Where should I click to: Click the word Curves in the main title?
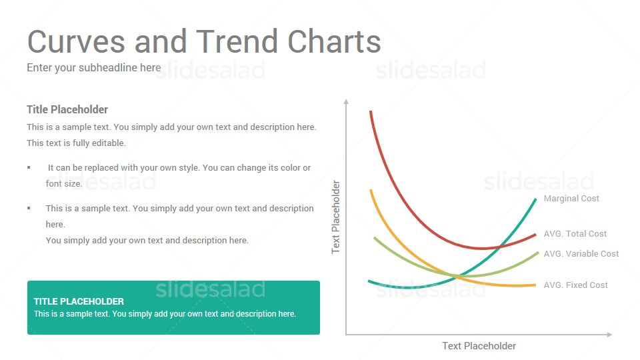76,41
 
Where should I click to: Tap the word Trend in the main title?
239,41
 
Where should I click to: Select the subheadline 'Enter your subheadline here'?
94,68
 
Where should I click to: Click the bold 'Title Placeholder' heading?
67,109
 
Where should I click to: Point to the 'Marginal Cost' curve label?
571,199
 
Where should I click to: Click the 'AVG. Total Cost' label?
575,234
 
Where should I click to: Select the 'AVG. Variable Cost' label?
581,254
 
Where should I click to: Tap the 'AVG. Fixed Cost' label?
575,285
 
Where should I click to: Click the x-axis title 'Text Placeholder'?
479,346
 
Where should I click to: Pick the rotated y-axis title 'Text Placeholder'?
335,217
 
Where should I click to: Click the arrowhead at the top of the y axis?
346,101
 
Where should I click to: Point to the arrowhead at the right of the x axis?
610,334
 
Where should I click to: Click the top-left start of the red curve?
371,111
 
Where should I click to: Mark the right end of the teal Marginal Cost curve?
535,199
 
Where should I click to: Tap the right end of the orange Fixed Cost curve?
535,285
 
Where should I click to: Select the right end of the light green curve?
538,253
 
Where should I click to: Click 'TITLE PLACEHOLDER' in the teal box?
79,301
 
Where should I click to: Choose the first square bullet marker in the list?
29,167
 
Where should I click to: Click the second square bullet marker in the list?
29,208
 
